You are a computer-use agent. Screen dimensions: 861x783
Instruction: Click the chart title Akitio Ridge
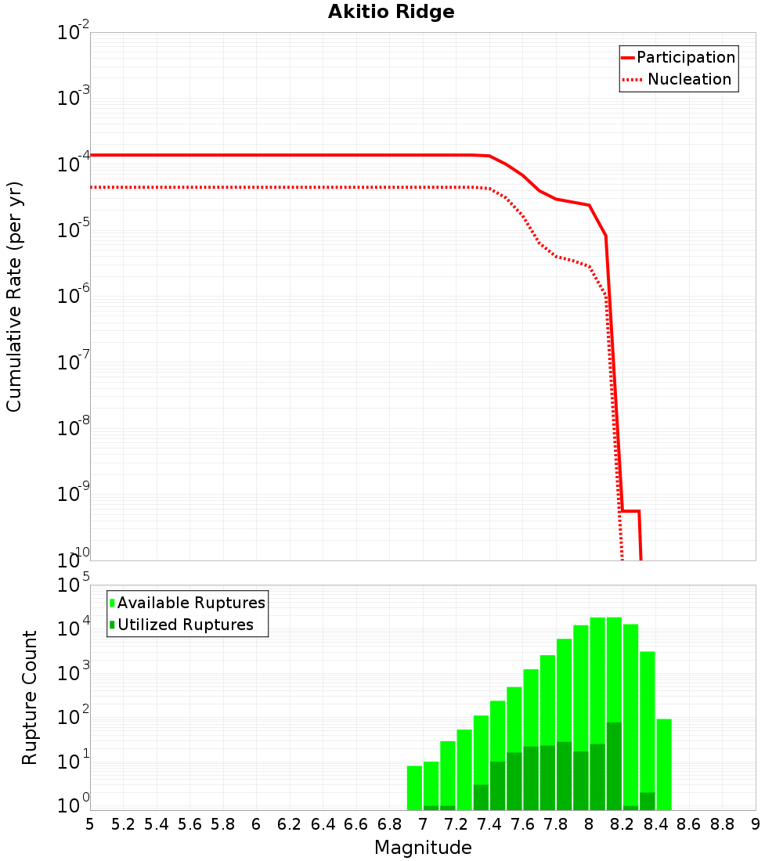tap(380, 12)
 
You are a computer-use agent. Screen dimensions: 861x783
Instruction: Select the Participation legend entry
tap(685, 57)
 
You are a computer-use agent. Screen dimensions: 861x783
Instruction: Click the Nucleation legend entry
tap(688, 79)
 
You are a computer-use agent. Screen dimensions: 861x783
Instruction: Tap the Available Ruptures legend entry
tap(191, 603)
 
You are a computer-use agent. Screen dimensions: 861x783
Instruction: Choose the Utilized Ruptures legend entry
tap(185, 625)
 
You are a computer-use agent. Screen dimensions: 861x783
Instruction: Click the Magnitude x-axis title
tap(423, 848)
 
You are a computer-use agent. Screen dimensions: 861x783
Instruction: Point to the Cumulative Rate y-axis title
tap(14, 296)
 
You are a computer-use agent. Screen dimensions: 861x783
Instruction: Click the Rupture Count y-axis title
tap(30, 697)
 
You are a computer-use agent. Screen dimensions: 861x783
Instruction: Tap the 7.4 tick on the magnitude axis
tap(489, 824)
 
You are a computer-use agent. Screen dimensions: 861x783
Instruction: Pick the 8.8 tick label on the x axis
tap(722, 824)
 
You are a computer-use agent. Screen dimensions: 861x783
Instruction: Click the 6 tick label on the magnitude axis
tap(256, 824)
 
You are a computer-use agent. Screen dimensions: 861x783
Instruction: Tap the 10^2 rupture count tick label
tap(74, 718)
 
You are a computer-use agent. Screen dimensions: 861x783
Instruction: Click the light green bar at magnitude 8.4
tap(664, 763)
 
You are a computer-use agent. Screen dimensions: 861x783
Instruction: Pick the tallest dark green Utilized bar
tap(614, 766)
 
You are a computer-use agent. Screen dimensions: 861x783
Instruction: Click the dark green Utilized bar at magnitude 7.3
tap(482, 797)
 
